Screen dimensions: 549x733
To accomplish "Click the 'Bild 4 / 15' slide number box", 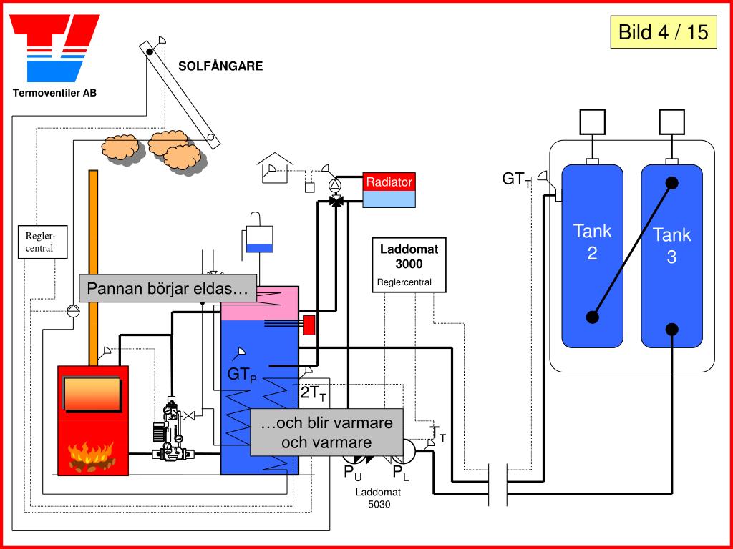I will coord(663,32).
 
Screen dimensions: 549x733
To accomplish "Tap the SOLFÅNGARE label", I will coord(220,66).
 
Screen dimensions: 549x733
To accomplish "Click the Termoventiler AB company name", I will coord(54,93).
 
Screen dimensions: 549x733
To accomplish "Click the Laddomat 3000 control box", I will coord(409,264).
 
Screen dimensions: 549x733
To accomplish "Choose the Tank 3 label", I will coord(671,245).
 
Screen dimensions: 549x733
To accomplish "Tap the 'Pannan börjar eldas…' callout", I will coord(168,288).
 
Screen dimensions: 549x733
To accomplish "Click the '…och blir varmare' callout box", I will coord(326,432).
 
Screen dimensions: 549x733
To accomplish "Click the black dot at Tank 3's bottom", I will coord(671,329).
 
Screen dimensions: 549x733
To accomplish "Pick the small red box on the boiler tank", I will coord(309,325).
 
